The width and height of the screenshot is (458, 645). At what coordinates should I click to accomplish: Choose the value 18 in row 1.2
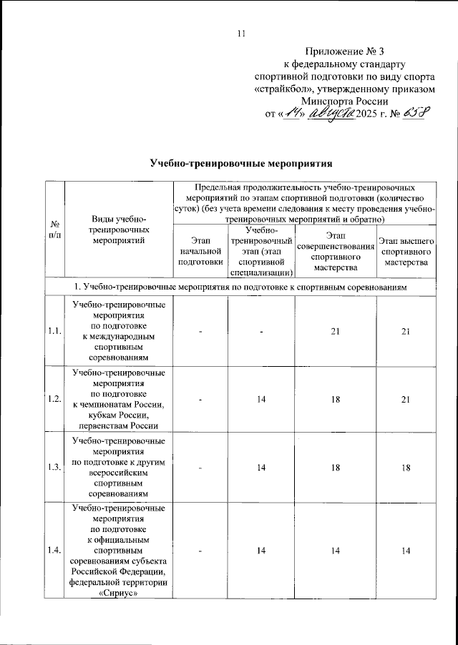tap(336, 398)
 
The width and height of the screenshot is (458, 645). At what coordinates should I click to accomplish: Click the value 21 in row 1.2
tap(405, 398)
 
